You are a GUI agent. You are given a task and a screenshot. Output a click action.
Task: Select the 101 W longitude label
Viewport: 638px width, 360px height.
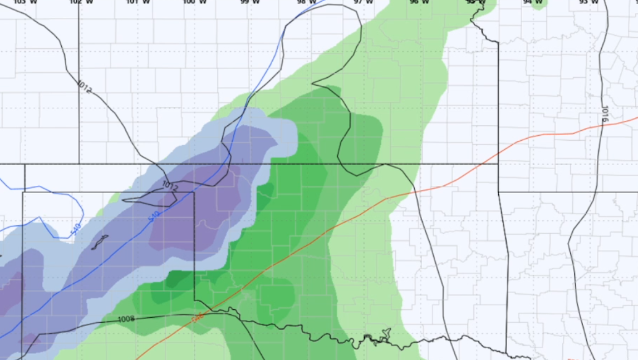tap(138, 2)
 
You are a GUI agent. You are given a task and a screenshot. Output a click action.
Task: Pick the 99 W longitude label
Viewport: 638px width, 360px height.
tap(250, 2)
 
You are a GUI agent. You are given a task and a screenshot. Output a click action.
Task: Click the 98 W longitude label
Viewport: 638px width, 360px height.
tap(307, 2)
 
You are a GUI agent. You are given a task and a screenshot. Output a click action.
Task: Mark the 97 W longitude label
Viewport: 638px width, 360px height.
tap(364, 2)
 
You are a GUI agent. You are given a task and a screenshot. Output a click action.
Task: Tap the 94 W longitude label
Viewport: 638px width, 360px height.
tap(533, 2)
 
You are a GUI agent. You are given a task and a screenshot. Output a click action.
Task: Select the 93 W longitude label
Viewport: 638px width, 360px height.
tap(588, 2)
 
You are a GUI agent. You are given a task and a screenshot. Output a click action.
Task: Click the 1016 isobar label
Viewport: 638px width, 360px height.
tap(605, 114)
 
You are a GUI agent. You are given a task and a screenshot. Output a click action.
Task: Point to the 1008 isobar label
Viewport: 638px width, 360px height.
tap(126, 319)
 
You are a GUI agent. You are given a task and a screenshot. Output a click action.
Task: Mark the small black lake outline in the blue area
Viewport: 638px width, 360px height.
tap(100, 242)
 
